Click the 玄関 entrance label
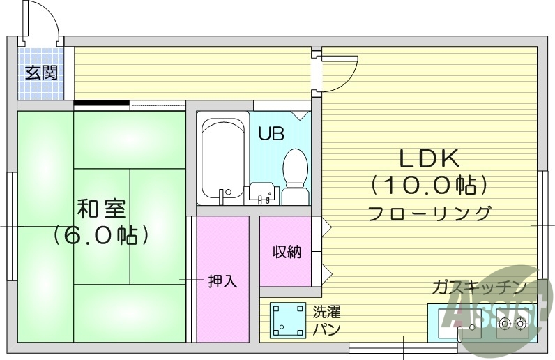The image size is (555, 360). [41, 73]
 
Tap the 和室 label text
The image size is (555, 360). [101, 208]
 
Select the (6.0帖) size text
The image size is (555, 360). [101, 234]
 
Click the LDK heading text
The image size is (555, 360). [429, 159]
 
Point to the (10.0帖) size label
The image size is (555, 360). [428, 186]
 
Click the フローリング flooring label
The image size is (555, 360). [429, 212]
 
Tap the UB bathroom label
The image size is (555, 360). [271, 133]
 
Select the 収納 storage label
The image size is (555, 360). [287, 252]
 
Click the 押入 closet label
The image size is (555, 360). [223, 281]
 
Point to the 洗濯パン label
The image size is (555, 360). [326, 320]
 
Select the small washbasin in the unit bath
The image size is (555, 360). [262, 192]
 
